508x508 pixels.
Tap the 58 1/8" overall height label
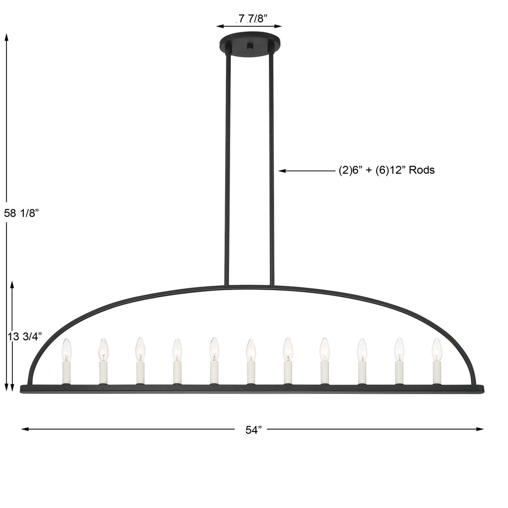(x=21, y=213)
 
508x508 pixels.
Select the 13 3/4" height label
(x=25, y=336)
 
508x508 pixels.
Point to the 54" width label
(x=254, y=430)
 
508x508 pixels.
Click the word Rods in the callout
(x=422, y=170)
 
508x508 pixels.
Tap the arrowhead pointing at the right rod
(x=282, y=171)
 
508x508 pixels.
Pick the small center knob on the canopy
(x=250, y=47)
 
